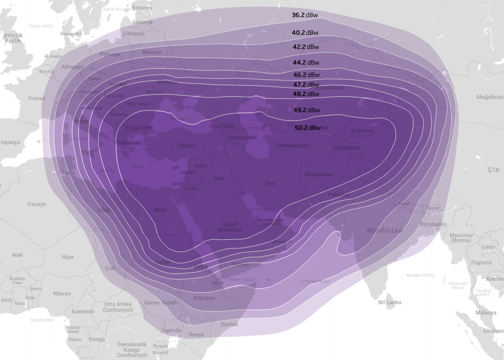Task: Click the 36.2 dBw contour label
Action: (x=305, y=15)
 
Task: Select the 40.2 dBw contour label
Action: (x=305, y=33)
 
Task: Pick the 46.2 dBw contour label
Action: (x=307, y=75)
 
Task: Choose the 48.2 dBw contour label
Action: (x=307, y=94)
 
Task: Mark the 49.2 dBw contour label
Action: (x=307, y=110)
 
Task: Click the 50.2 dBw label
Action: (x=308, y=128)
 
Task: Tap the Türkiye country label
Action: (x=185, y=146)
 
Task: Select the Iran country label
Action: (x=271, y=184)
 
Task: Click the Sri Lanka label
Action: (x=390, y=302)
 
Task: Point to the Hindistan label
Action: (x=385, y=231)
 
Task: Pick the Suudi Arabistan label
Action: (x=230, y=227)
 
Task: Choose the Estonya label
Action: (x=141, y=8)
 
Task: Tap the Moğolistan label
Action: (x=489, y=97)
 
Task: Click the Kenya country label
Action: (x=196, y=335)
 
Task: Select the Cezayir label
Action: (x=37, y=204)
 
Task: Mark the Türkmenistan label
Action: (x=292, y=146)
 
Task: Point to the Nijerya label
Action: (x=61, y=293)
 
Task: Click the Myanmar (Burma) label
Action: (x=461, y=238)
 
